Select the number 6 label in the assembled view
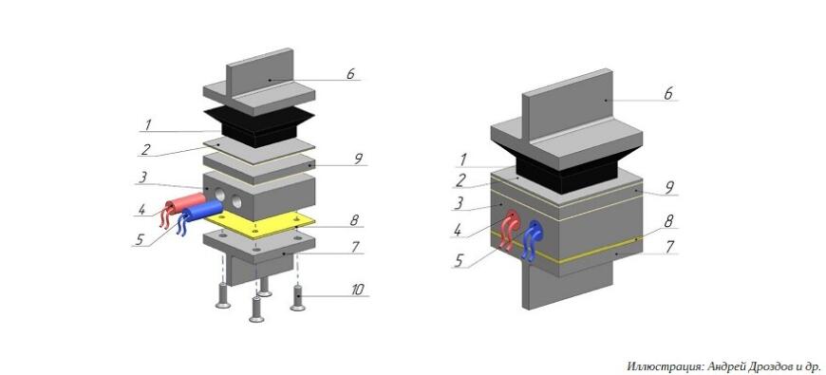[x=666, y=94]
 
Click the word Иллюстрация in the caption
[x=661, y=366]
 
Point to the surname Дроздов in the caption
[x=765, y=366]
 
